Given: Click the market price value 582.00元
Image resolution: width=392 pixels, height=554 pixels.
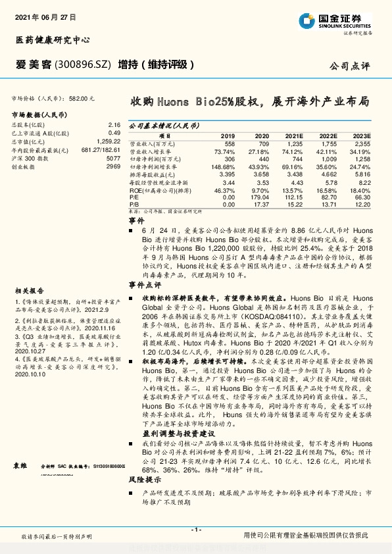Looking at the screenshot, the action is tap(82, 97).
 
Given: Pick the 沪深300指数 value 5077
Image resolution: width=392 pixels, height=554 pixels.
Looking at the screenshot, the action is tap(113, 159).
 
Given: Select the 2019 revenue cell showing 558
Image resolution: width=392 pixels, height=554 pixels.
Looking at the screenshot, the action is tap(230, 143).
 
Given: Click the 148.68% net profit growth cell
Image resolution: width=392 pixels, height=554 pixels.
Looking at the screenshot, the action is tap(225, 168).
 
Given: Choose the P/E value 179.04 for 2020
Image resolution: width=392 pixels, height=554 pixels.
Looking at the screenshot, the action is tap(261, 197).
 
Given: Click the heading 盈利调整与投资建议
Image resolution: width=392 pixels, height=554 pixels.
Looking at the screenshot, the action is tap(159, 434).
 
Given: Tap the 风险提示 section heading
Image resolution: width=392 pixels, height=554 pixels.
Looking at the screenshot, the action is tap(140, 481).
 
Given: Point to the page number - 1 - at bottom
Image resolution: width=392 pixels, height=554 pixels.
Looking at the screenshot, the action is tap(195, 530).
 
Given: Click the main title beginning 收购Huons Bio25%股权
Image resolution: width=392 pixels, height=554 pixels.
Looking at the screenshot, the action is tap(249, 103).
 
